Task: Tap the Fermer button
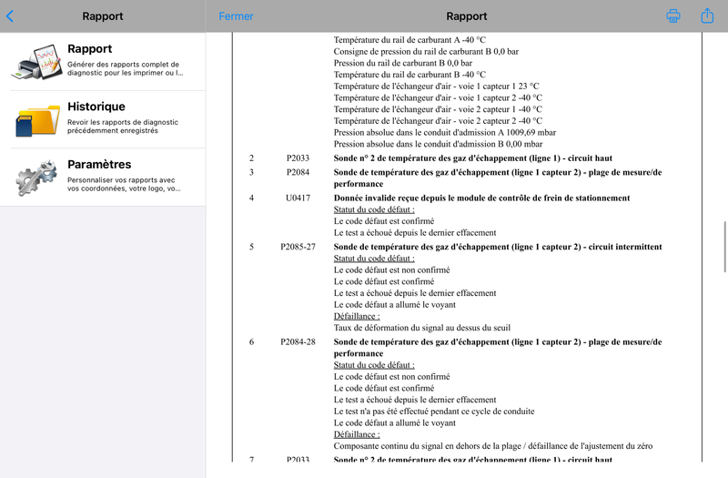[x=237, y=16]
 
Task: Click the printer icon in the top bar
[x=673, y=16]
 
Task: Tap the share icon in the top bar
[x=707, y=15]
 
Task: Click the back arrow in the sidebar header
[x=10, y=16]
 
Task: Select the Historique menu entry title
[x=96, y=107]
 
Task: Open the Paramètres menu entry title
[x=99, y=165]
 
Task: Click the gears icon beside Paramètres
[x=36, y=177]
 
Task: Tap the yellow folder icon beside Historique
[x=36, y=119]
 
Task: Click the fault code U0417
[x=298, y=198]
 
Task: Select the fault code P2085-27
[x=298, y=247]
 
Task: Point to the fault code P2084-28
[x=298, y=341]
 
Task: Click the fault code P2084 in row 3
[x=298, y=172]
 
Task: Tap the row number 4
[x=252, y=198]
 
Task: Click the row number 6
[x=252, y=341]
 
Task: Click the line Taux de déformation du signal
[x=421, y=328]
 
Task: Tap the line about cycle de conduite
[x=434, y=411]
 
